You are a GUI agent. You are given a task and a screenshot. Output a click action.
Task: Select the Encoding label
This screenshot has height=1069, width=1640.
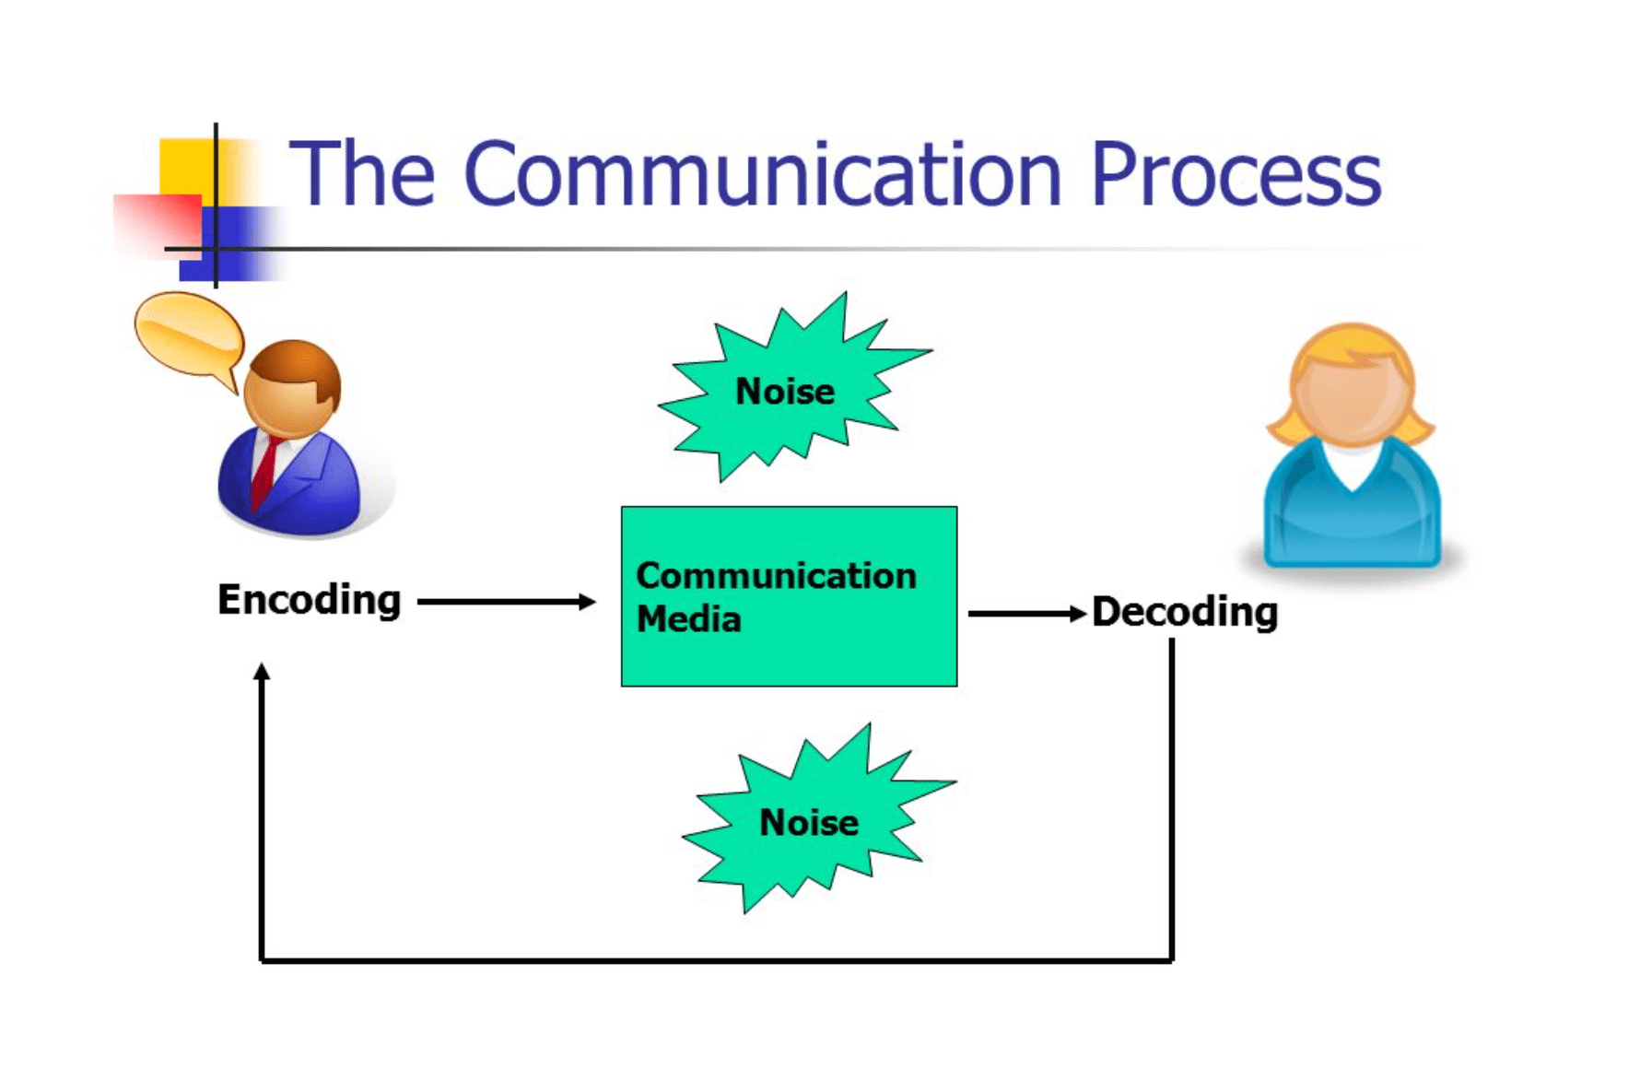pyautogui.click(x=309, y=600)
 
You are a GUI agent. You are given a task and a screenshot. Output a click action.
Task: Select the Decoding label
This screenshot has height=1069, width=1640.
pyautogui.click(x=1185, y=612)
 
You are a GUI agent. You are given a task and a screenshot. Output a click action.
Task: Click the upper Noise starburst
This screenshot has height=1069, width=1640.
pyautogui.click(x=785, y=392)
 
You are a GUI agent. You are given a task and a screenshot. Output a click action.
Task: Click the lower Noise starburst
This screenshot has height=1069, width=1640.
pyautogui.click(x=809, y=822)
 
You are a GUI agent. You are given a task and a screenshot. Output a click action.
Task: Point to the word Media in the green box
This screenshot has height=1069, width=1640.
pyautogui.click(x=688, y=619)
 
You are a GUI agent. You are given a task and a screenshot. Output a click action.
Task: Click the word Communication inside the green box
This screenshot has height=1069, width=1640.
pyautogui.click(x=776, y=576)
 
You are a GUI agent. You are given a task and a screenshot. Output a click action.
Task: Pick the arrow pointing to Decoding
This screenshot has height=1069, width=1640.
pyautogui.click(x=1025, y=614)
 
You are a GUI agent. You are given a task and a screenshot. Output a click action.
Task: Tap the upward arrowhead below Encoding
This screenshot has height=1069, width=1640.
pyautogui.click(x=262, y=673)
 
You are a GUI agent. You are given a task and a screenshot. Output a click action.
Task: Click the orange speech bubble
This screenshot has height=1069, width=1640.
pyautogui.click(x=188, y=334)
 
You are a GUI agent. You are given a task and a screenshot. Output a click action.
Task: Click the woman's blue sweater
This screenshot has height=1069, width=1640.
pyautogui.click(x=1351, y=516)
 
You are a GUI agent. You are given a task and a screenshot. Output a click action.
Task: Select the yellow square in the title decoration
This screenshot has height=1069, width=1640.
pyautogui.click(x=184, y=166)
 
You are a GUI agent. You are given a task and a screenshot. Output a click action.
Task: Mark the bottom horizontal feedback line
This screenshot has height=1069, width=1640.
pyautogui.click(x=717, y=960)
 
